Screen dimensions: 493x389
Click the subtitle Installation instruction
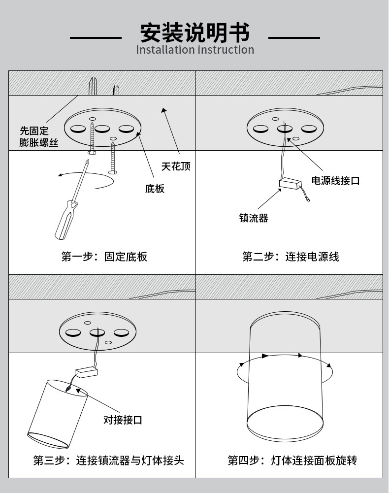(x=194, y=50)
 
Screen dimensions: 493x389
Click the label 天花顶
(x=176, y=166)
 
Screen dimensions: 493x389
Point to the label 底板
(x=155, y=189)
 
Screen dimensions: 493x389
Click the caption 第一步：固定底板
(x=104, y=257)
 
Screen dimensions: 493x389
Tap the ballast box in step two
(x=290, y=184)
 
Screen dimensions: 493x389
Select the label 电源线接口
(x=335, y=181)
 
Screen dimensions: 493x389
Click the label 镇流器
(x=254, y=218)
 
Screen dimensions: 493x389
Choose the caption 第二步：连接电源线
(x=291, y=257)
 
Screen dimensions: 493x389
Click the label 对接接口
(x=123, y=420)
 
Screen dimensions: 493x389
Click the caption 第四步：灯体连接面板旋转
(x=292, y=460)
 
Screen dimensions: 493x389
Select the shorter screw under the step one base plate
(x=113, y=158)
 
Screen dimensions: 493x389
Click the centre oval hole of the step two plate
(x=285, y=129)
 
